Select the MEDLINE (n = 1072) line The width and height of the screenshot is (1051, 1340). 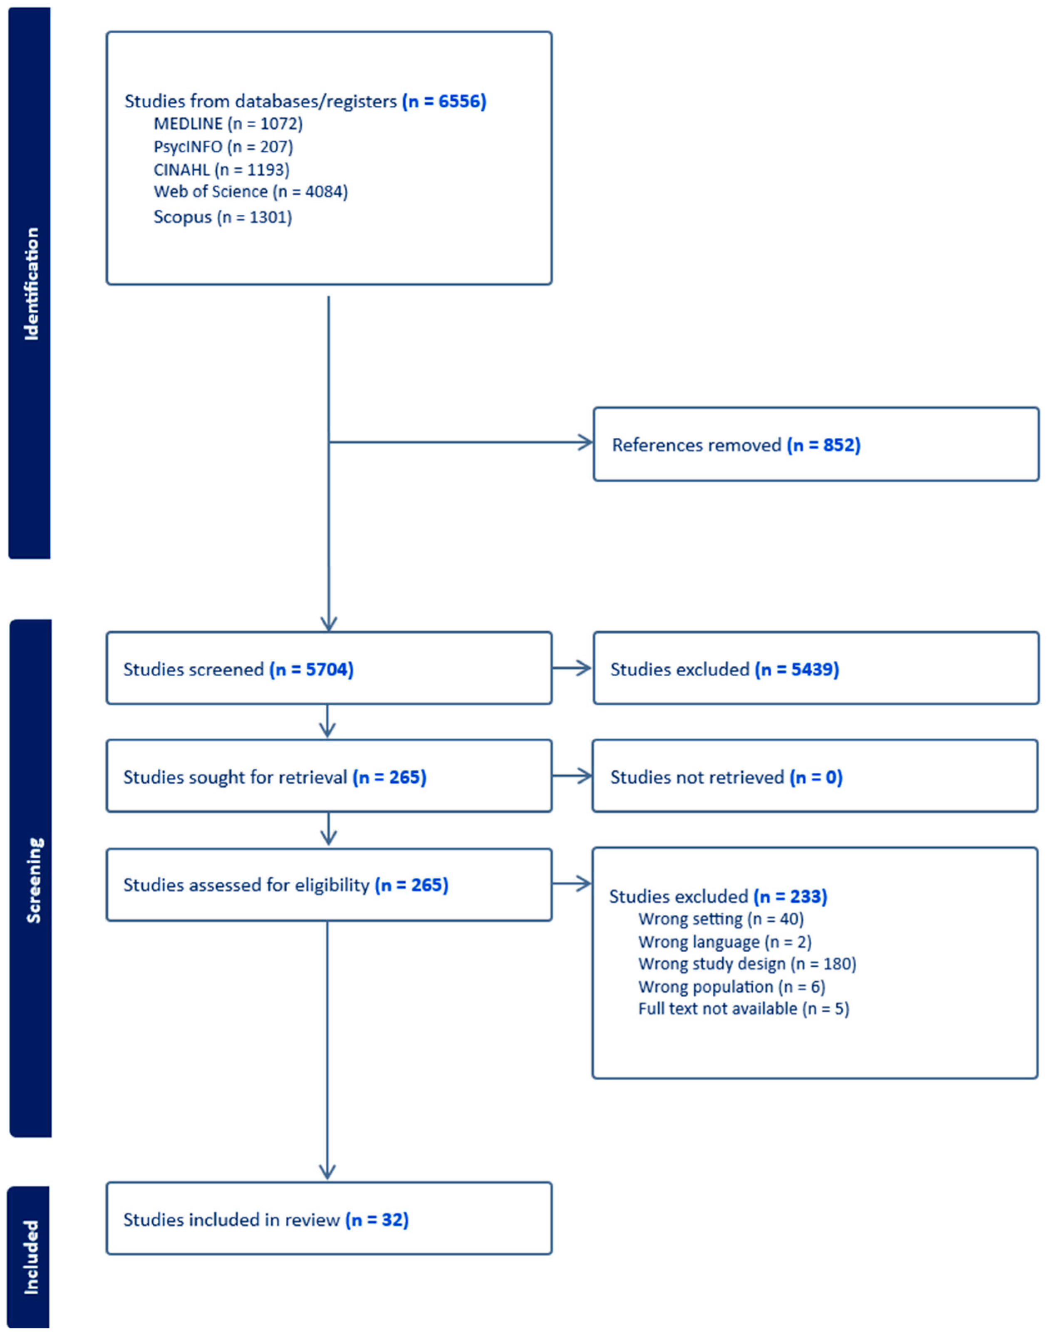click(x=228, y=124)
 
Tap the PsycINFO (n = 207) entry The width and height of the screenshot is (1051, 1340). click(x=223, y=146)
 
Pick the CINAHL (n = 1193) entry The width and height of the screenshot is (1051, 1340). click(x=221, y=169)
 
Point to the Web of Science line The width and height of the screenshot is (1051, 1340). click(x=250, y=191)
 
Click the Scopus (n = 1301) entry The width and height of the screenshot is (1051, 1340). click(x=222, y=217)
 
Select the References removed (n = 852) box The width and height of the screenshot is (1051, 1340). click(x=816, y=444)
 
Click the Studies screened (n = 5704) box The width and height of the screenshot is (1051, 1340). click(x=329, y=668)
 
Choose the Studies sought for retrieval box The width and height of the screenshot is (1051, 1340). click(x=329, y=776)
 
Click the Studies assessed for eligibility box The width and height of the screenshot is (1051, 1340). click(x=329, y=884)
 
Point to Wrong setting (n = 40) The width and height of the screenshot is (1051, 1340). click(x=721, y=919)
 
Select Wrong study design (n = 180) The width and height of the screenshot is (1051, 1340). click(x=747, y=963)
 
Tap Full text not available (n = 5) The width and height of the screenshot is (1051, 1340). click(x=744, y=1008)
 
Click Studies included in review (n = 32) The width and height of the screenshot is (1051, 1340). click(x=329, y=1219)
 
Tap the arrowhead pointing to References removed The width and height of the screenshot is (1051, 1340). click(x=586, y=442)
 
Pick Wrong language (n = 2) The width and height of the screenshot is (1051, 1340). click(x=724, y=942)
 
